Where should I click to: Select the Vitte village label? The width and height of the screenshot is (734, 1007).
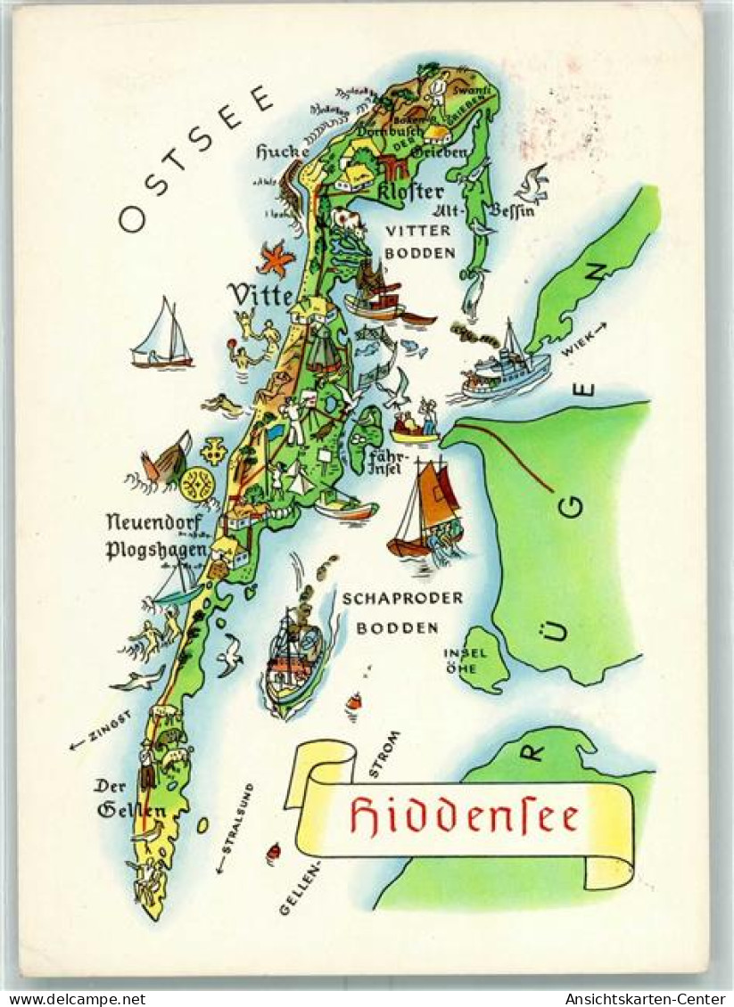260,294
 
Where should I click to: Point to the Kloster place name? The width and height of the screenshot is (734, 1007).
410,192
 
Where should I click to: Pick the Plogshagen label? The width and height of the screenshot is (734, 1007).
156,549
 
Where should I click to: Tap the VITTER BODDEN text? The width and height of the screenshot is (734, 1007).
419,242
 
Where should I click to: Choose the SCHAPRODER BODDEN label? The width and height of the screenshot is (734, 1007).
401,612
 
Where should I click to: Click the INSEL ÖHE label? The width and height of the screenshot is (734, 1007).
466,660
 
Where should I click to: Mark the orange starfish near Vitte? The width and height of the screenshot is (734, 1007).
276,259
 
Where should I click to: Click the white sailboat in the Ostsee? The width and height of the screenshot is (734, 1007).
161,334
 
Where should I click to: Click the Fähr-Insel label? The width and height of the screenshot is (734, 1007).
388,463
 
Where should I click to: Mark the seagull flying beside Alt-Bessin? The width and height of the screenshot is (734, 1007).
532,184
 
